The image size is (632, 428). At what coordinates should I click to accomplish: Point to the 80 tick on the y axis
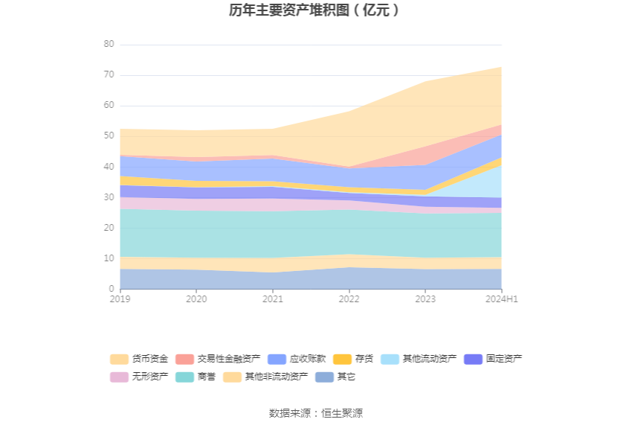109,45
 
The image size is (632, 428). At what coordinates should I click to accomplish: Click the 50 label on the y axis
109,136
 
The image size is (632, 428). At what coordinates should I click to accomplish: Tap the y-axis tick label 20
109,228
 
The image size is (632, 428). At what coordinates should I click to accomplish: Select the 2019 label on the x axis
120,299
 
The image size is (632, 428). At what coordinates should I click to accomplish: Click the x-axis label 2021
273,299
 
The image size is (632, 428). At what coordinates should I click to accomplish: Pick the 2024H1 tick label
501,299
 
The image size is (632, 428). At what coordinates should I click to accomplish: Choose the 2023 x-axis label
425,299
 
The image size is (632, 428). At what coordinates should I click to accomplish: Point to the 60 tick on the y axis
109,106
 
